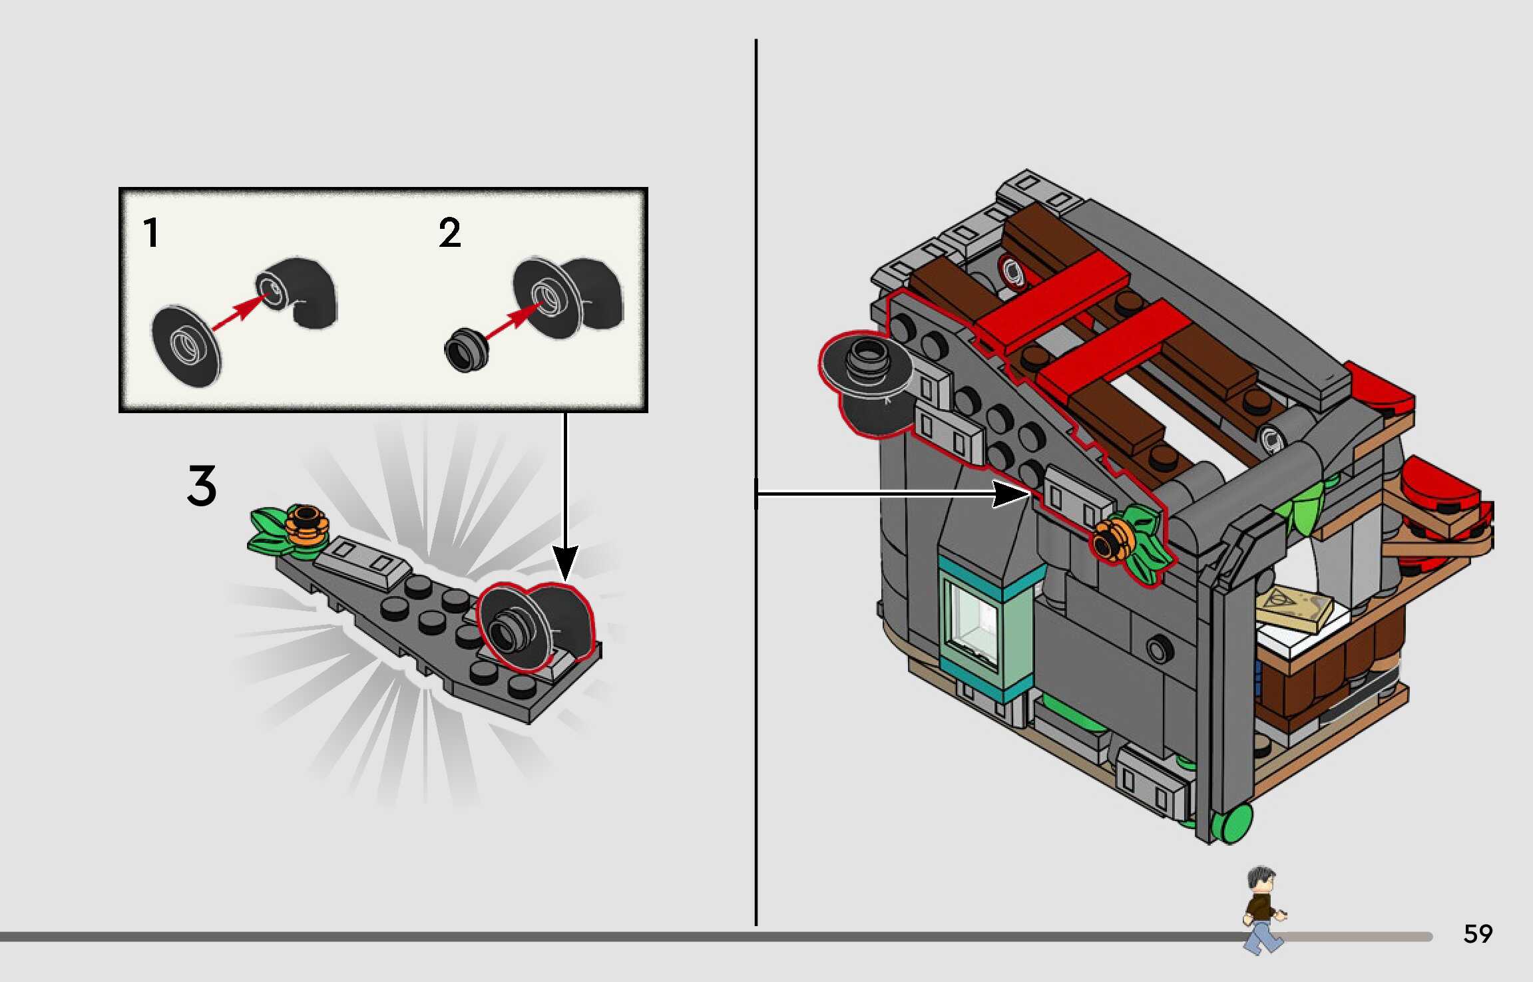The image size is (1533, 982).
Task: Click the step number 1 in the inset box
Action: pos(152,233)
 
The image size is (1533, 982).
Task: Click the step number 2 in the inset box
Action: pos(449,233)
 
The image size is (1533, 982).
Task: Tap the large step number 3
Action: pos(201,486)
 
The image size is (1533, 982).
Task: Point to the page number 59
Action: pos(1478,934)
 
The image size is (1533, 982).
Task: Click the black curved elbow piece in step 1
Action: pos(303,291)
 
